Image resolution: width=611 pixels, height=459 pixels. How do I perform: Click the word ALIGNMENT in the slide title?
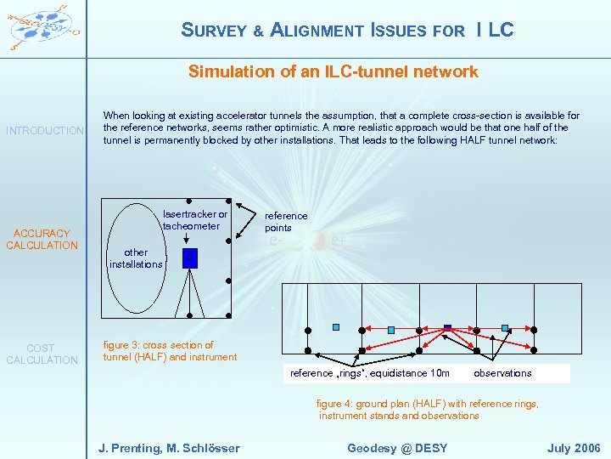317,31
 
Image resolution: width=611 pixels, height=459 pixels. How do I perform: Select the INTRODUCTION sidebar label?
45,131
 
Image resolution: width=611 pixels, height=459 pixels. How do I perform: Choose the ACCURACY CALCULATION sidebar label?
42,240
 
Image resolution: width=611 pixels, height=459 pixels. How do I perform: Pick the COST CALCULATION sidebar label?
41,354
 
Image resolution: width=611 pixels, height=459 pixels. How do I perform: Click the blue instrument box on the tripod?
190,258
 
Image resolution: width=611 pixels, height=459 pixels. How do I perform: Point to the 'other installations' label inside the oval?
136,258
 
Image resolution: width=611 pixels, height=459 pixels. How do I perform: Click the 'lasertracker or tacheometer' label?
195,220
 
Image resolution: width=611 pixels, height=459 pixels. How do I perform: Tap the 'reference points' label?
286,222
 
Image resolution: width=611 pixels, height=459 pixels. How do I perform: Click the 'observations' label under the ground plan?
502,373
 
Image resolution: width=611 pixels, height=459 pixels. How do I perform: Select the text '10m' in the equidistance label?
439,373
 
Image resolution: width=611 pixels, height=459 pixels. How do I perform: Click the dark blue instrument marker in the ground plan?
448,328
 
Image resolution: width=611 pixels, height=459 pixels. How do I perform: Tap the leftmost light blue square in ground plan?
336,327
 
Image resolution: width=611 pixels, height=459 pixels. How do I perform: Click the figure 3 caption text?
170,351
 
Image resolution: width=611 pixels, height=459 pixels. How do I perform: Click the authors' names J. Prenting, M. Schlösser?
169,448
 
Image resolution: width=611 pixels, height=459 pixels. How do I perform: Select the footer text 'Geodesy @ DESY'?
397,448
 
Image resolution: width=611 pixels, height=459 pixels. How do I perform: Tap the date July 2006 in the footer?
574,448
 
